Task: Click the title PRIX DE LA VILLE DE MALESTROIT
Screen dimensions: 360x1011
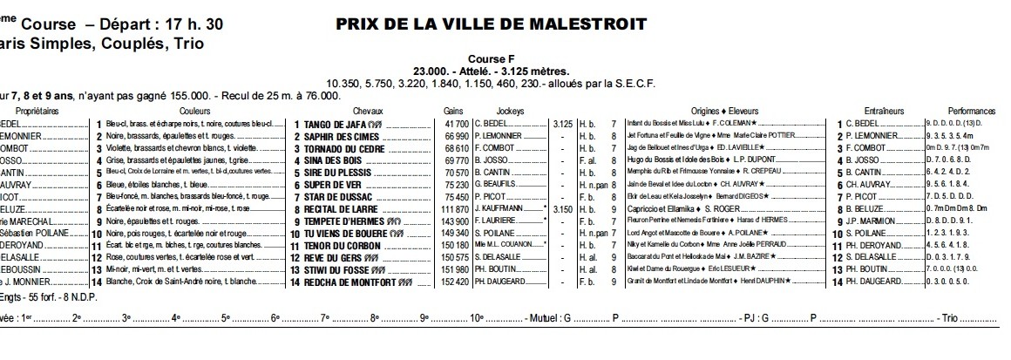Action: [491, 24]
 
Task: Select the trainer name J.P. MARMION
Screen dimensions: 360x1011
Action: [872, 222]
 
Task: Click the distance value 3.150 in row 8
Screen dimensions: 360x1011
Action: [563, 210]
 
